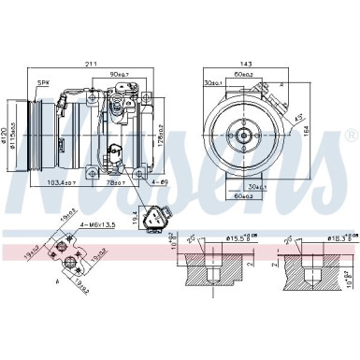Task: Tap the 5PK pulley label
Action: coord(42,84)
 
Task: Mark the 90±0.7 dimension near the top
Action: coord(121,74)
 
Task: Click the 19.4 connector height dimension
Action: coord(135,217)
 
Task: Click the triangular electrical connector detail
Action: coord(154,218)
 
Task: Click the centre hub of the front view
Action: coord(241,135)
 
